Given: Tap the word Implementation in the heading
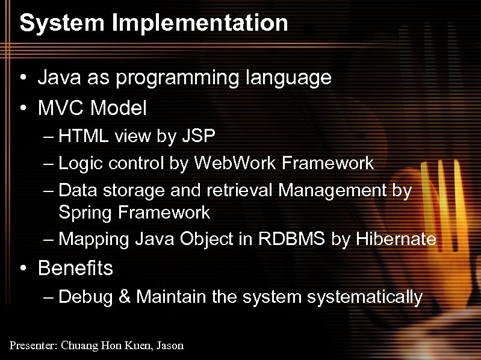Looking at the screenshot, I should point(198,23).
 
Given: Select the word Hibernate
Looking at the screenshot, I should point(396,240).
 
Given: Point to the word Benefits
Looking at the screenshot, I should point(75,268).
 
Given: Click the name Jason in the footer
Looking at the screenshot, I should point(171,346).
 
